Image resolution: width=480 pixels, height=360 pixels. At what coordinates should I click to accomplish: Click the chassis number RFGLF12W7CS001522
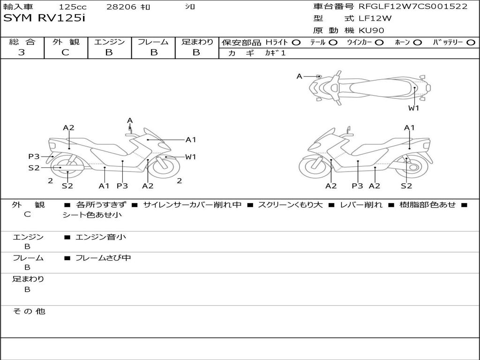413,7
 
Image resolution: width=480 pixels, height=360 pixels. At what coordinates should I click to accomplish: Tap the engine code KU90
372,31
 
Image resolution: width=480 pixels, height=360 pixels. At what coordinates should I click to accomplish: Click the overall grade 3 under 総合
22,52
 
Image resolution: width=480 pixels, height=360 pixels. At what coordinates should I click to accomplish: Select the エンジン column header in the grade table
109,42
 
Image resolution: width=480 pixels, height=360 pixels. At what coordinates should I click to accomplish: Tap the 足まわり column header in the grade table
197,42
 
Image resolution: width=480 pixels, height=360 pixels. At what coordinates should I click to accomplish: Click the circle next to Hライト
296,42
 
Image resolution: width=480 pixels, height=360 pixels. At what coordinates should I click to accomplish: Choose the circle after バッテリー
471,42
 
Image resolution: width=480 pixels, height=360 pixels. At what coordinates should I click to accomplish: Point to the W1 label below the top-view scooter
413,108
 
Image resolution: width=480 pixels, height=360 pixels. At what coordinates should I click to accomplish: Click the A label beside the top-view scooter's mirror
300,76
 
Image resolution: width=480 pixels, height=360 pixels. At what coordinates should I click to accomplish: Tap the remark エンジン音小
101,237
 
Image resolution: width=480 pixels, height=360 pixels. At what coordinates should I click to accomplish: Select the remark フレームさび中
103,258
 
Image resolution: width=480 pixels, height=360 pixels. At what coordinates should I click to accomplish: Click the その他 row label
29,311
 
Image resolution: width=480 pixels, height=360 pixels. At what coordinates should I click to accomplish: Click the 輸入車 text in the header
17,7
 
